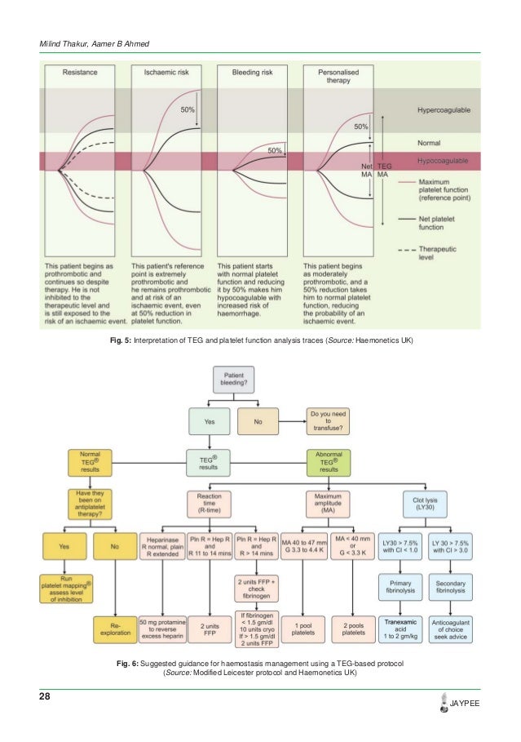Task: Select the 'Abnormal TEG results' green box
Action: coord(328,462)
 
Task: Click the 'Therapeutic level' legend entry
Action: coord(445,252)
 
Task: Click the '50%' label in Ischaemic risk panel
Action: coord(188,109)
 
